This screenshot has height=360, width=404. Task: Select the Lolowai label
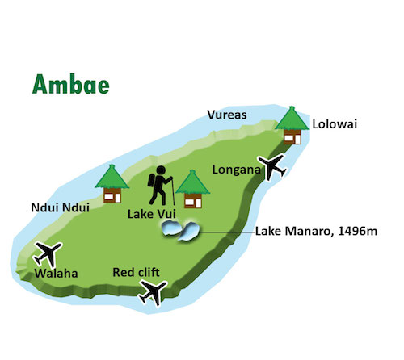[x=335, y=123]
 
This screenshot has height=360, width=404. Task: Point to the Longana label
[x=234, y=170]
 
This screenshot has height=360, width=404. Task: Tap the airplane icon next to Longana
[x=271, y=167]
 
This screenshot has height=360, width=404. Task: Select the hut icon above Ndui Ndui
[x=110, y=184]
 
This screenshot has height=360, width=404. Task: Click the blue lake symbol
[x=179, y=232]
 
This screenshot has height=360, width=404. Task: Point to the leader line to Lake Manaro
[x=225, y=232]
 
